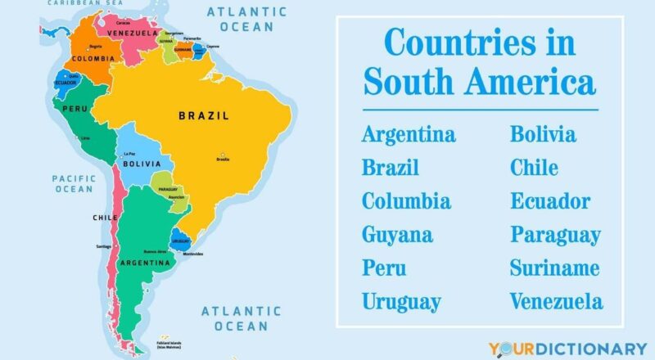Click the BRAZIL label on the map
tap(203, 116)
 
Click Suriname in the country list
tap(554, 268)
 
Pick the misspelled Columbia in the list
tap(406, 201)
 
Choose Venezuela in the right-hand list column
tap(556, 302)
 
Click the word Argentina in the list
tap(409, 134)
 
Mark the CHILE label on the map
tap(105, 218)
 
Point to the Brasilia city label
tap(222, 159)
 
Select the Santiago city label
tap(103, 246)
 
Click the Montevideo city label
tap(192, 254)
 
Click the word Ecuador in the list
tap(549, 201)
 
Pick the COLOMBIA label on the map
tap(87, 59)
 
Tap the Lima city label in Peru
tap(84, 138)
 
